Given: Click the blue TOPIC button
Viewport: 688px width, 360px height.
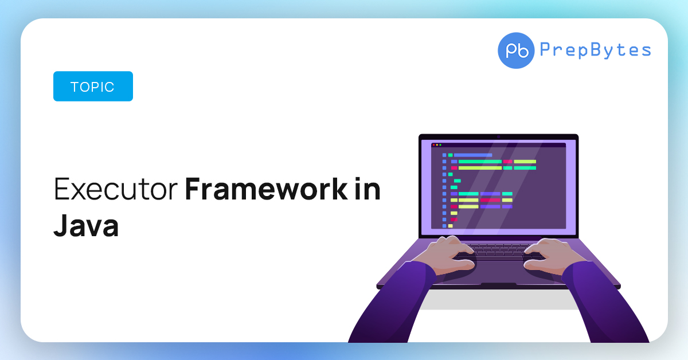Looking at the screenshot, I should click(93, 87).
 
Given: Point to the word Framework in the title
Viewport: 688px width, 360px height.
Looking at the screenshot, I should click(264, 190).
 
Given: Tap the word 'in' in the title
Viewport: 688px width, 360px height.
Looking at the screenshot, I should click(368, 190).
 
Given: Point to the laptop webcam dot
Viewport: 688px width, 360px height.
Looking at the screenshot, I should click(499, 136).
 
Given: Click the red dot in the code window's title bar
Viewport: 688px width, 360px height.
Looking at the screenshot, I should click(433, 145).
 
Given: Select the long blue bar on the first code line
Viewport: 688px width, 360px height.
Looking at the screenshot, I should click(473, 155).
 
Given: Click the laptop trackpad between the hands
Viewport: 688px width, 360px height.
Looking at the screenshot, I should click(498, 269).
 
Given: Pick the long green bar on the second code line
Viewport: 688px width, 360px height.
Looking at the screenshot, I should click(479, 162).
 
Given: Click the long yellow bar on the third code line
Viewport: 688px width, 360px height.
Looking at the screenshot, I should click(479, 168).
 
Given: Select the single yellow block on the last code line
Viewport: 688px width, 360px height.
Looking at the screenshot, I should click(450, 226).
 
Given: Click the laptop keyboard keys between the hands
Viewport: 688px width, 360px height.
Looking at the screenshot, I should click(499, 250).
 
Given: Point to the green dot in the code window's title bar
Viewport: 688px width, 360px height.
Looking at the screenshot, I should click(440, 145).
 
